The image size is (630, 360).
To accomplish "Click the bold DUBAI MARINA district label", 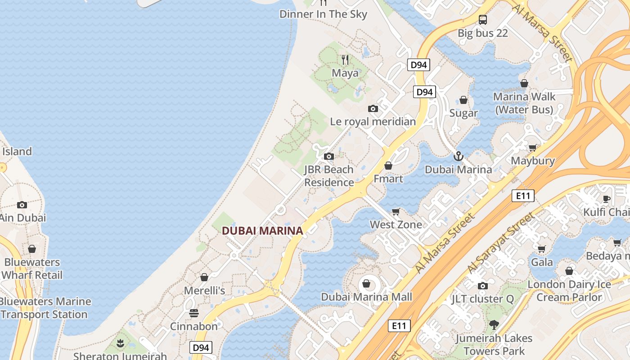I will [x=262, y=231].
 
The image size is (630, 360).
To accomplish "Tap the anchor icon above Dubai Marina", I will [x=458, y=157].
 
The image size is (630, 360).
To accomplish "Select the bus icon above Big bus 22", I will [x=483, y=20].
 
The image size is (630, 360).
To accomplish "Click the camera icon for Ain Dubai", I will [x=22, y=205].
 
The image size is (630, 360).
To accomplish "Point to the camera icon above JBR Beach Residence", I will [x=329, y=157].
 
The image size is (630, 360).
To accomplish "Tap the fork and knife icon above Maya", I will [x=345, y=59].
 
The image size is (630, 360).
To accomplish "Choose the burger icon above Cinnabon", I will [x=194, y=313].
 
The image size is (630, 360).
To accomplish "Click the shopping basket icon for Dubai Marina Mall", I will [x=366, y=283].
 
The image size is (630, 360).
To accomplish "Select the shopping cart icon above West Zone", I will [x=396, y=211].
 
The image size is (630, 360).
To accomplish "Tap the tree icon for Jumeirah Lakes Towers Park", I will [x=494, y=325].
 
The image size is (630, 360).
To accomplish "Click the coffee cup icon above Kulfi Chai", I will [x=607, y=199].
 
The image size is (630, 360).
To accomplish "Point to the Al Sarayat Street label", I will [x=502, y=243].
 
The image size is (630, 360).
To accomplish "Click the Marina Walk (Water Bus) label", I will [x=524, y=103].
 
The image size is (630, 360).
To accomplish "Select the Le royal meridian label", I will [x=373, y=121].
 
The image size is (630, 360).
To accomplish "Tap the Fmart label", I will [x=388, y=179].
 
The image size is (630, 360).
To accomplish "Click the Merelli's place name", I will [x=204, y=291].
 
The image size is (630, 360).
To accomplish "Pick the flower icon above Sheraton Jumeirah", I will [x=120, y=344].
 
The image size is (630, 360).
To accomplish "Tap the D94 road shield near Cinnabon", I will [x=201, y=347].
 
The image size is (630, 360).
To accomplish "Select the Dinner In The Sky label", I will [x=323, y=14].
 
